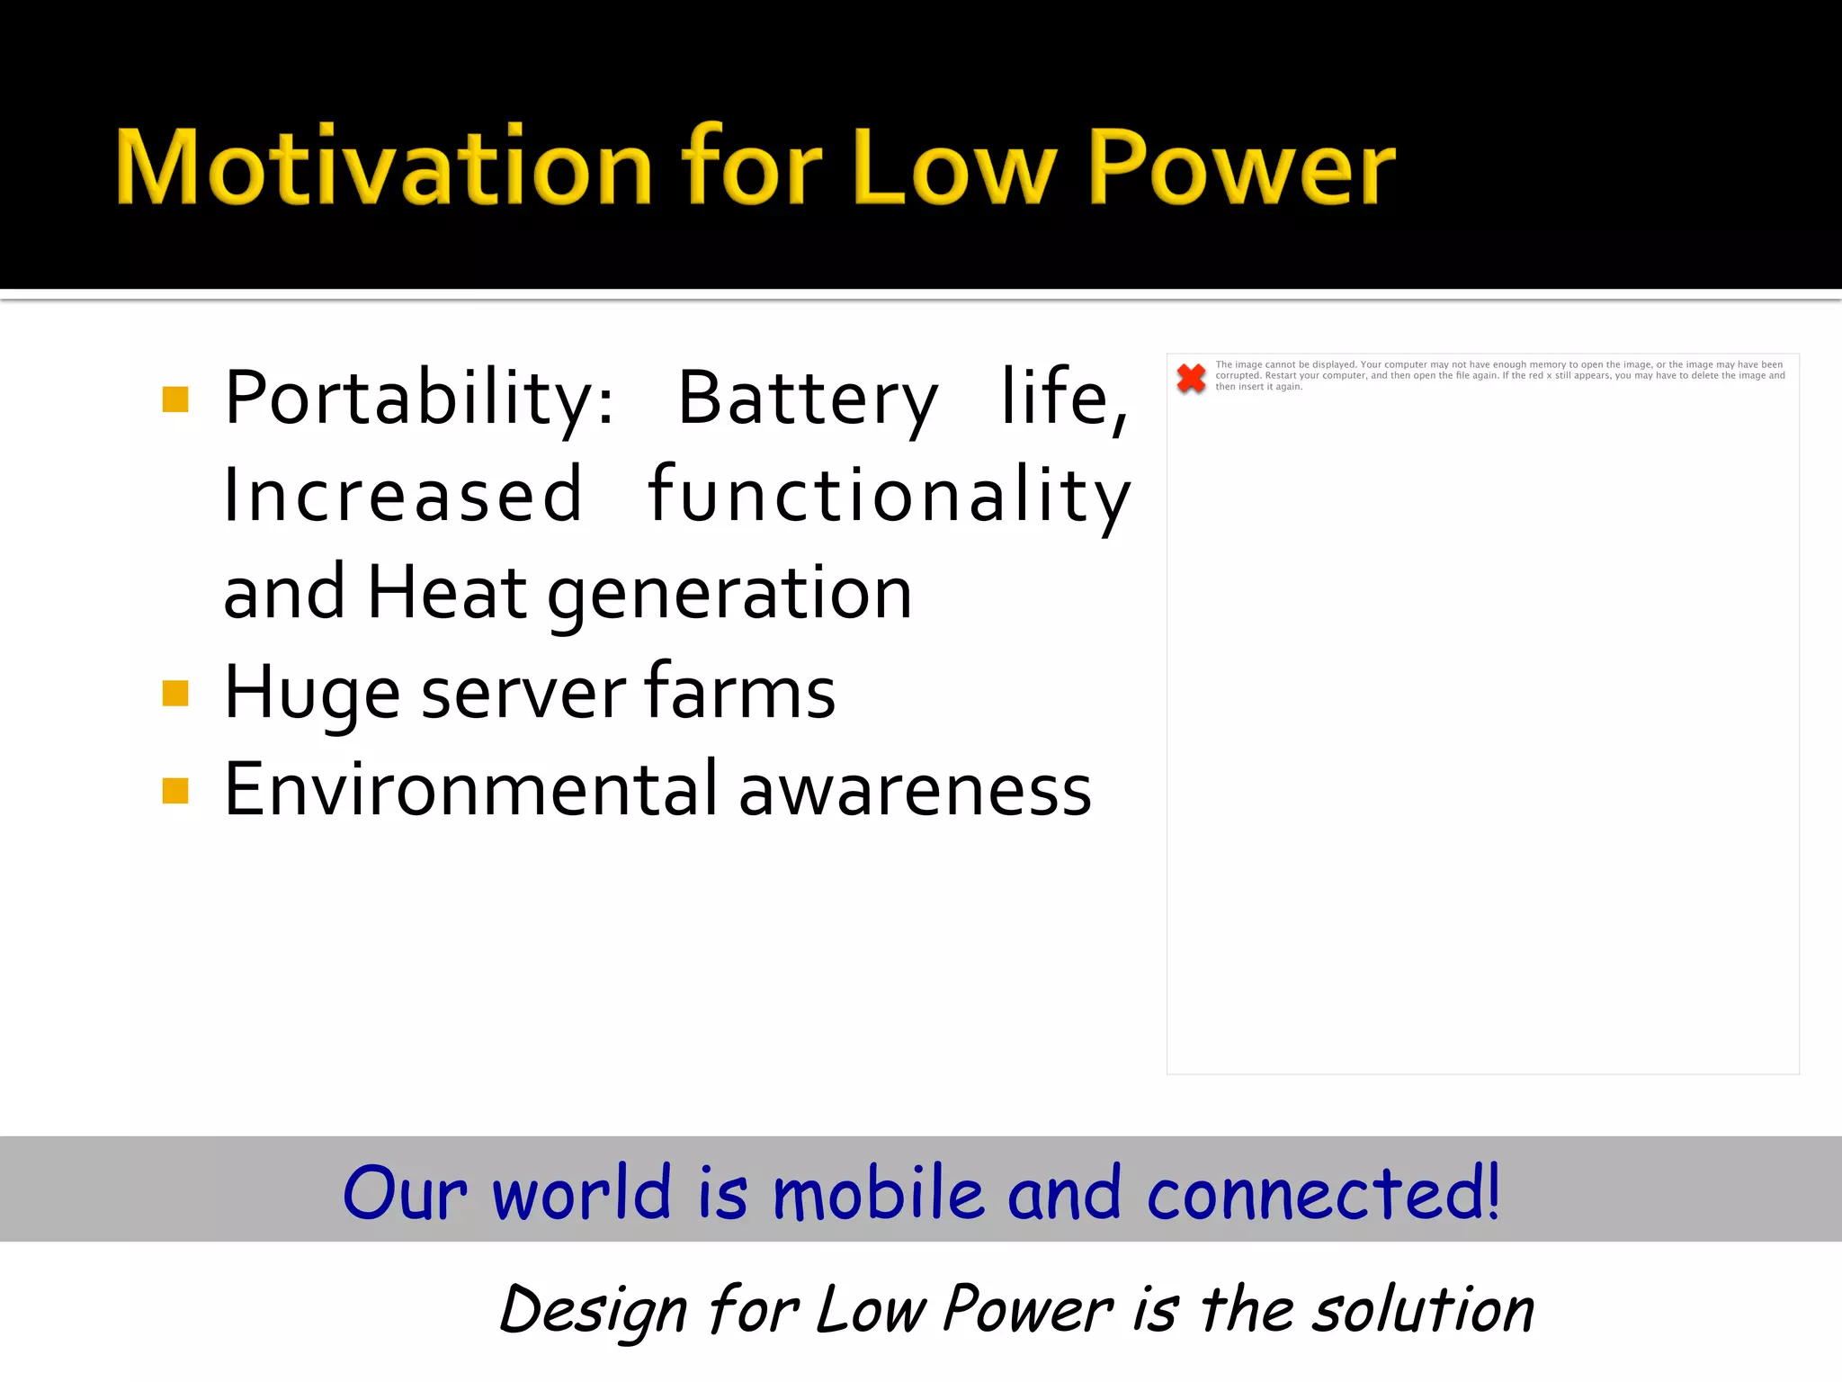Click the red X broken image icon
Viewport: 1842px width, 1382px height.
(x=1191, y=378)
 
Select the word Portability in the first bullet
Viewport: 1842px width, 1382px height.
(x=419, y=399)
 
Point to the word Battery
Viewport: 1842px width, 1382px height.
(x=808, y=399)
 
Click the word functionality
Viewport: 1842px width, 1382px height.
(x=889, y=496)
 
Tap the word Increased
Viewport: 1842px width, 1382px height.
(x=403, y=496)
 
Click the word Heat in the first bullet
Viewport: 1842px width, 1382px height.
(x=447, y=593)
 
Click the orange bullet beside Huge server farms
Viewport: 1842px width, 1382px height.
(x=175, y=693)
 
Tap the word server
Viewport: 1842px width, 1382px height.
(x=523, y=693)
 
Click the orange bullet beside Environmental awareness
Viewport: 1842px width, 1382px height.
(x=175, y=790)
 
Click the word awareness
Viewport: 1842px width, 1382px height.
(x=915, y=792)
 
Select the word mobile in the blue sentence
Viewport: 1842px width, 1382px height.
(x=878, y=1193)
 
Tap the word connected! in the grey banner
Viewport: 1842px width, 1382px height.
(x=1323, y=1193)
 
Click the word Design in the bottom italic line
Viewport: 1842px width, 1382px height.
(x=594, y=1310)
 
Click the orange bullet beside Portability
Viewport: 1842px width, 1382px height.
(x=175, y=399)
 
